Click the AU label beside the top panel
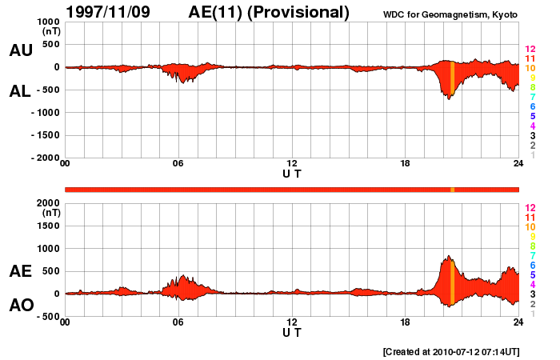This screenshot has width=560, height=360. click(21, 50)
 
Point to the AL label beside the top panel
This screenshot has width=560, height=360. click(21, 91)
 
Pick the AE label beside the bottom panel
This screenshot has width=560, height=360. click(21, 271)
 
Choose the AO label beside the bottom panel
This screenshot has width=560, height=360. click(21, 306)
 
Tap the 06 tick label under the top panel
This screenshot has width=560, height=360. click(178, 164)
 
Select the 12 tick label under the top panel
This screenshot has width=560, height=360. click(292, 164)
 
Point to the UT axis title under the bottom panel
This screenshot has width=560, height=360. click(292, 332)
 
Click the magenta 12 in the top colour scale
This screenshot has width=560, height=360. click(530, 50)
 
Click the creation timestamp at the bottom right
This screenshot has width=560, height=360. click(450, 351)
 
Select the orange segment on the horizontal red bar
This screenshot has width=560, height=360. click(453, 189)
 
